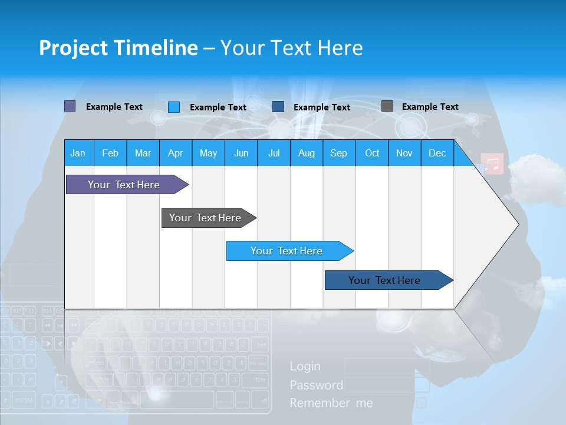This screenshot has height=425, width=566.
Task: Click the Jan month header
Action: pos(78,153)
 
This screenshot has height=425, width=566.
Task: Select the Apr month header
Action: pos(175,153)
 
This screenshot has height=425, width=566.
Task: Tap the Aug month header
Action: pos(306,153)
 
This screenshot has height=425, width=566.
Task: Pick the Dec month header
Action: pos(437,153)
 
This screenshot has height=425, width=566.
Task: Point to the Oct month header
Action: pos(371,153)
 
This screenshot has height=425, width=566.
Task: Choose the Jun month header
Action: pos(241,153)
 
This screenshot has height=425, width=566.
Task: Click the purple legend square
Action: pos(70,106)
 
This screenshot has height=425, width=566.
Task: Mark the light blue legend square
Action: pos(174,107)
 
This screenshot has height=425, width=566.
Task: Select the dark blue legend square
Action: pos(278,106)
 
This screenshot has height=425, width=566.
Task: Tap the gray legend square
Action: pos(387,106)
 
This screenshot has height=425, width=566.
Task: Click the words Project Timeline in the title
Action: pos(119,47)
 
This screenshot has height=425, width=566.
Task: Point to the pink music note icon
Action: pos(492,164)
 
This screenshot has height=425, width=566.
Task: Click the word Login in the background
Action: pos(305,367)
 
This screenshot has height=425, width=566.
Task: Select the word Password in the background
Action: pos(316,385)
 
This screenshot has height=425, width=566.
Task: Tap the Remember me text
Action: pos(331,403)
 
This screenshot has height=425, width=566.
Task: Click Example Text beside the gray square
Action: pos(430,107)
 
